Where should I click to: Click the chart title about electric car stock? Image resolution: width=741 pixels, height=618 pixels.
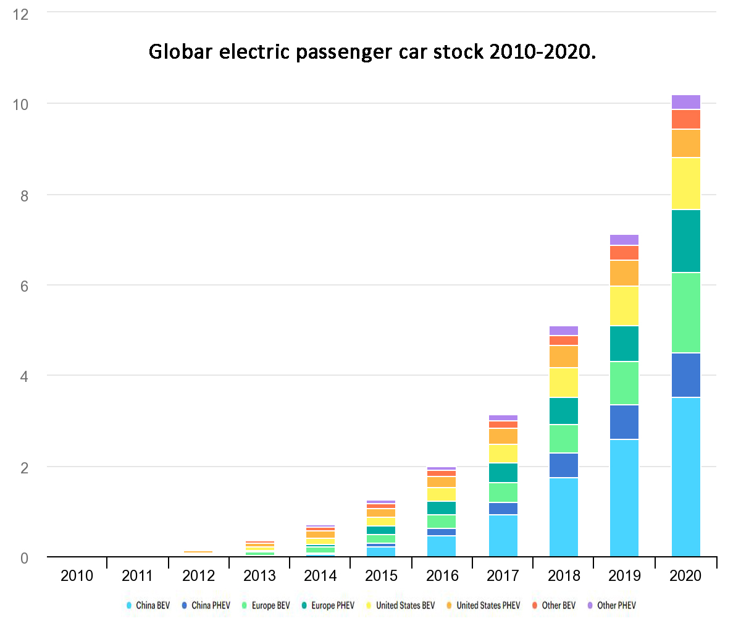point(372,52)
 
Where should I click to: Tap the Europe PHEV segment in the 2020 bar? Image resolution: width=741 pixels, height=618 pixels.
point(685,241)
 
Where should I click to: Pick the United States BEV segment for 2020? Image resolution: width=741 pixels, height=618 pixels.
point(685,184)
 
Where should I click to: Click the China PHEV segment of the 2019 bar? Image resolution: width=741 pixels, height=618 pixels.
point(625,422)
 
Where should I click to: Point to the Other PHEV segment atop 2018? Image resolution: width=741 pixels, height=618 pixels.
point(564,331)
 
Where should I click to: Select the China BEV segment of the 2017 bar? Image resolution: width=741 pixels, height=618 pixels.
point(503,535)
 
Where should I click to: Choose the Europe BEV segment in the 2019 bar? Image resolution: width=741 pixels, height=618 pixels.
point(625,383)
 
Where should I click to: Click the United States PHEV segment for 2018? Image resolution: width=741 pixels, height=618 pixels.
point(564,357)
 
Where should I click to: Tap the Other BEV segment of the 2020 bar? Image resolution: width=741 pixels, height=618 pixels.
point(685,119)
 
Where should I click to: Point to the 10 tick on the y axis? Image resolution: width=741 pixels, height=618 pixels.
point(22,104)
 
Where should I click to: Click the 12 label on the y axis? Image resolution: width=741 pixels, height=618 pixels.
point(22,14)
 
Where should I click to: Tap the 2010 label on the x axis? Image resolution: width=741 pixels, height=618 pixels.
point(77,576)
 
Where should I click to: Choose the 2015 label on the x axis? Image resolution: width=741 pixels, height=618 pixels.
point(381,576)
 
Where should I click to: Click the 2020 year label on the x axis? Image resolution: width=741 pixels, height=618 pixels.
point(685,576)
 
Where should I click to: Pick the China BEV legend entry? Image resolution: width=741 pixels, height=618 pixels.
point(148,606)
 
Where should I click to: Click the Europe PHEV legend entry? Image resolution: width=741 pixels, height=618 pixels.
point(330,606)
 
